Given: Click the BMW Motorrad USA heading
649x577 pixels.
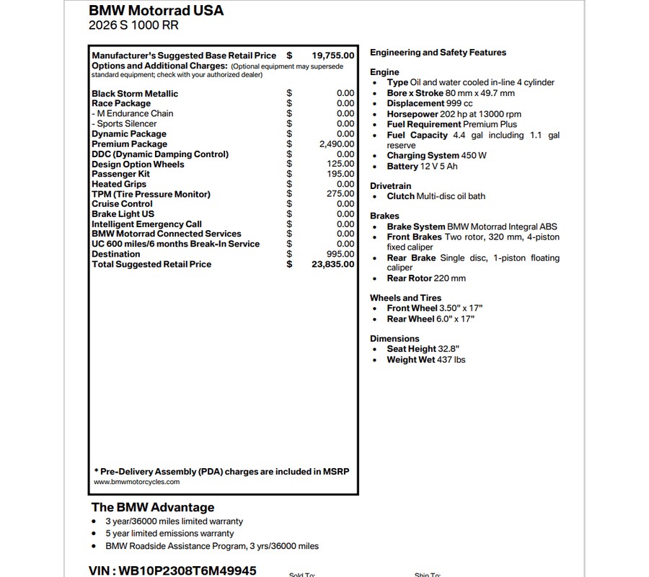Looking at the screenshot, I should pos(156,11).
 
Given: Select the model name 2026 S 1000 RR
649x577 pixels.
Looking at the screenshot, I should pos(133,26).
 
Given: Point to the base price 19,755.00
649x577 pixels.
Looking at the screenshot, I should pos(333,56).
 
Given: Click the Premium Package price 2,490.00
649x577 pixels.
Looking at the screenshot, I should pos(336,144).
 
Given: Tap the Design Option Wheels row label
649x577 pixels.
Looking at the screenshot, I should pos(138,164).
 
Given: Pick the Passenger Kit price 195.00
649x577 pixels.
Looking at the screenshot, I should pos(340,174).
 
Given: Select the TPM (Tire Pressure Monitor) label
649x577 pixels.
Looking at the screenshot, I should pos(151,194).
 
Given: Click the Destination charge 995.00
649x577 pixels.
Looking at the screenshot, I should pos(340,254).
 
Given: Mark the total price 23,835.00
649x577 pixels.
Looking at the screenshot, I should pos(333,264).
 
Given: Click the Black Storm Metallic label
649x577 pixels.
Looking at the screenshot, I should pos(135,94).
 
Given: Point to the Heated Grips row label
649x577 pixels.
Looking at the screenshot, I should pos(119,184).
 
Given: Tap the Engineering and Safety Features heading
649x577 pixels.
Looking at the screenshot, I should pos(438,53).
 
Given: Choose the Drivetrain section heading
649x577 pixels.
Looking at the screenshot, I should pos(391,186).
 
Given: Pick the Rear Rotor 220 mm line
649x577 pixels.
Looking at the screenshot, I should pos(426,278).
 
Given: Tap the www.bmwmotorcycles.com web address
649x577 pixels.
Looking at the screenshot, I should pos(137,482).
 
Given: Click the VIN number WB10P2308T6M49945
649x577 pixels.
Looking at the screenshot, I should pos(172,571).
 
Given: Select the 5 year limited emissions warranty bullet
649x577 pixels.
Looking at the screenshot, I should pos(169,534).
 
